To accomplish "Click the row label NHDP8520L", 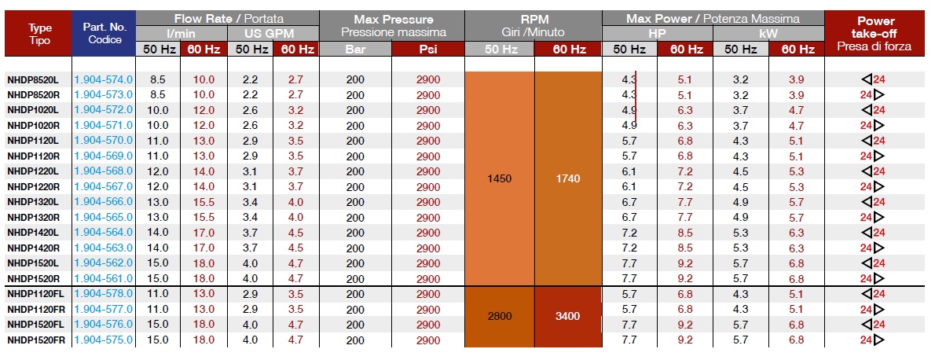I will (32, 79).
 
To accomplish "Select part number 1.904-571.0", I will (103, 125).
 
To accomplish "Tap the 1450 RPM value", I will (499, 178).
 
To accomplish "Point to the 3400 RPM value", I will (566, 316).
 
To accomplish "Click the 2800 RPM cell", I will (499, 316).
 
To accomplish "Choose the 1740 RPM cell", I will (566, 178).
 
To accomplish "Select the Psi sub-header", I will (428, 49).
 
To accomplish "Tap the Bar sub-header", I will (354, 49).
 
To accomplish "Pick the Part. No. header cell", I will (103, 33).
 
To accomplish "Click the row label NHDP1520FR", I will (35, 340).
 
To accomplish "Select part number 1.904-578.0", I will (103, 293).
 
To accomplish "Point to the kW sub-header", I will (768, 33).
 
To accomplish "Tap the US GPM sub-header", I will (273, 33).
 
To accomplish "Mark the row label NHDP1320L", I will (32, 201).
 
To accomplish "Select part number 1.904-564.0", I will (103, 232).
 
